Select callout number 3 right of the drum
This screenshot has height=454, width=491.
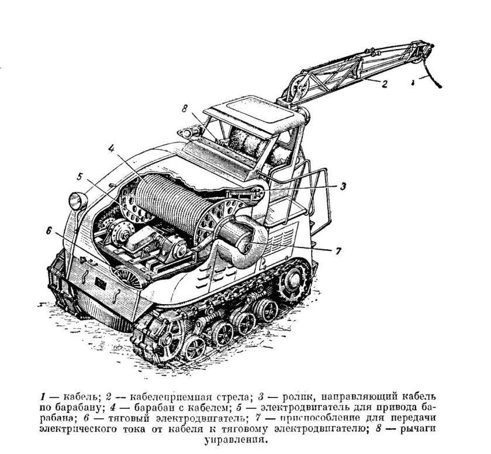(x=345, y=187)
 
